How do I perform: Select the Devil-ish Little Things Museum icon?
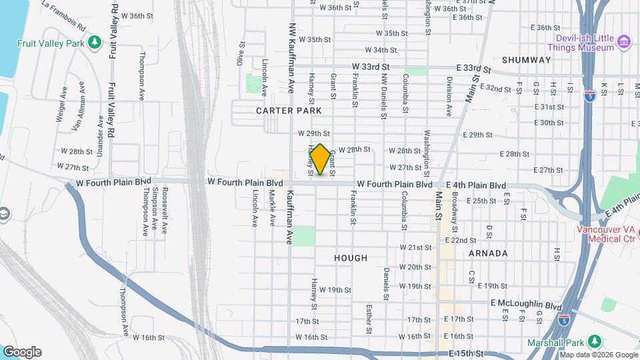pyautogui.click(x=624, y=43)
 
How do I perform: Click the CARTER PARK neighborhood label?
pyautogui.click(x=289, y=111)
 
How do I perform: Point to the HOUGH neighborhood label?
pyautogui.click(x=351, y=257)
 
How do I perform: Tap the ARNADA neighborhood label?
pyautogui.click(x=488, y=253)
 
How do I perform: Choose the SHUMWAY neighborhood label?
pyautogui.click(x=527, y=60)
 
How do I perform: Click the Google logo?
pyautogui.click(x=22, y=352)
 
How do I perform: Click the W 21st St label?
pyautogui.click(x=416, y=247)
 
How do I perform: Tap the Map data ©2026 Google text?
pyautogui.click(x=599, y=355)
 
